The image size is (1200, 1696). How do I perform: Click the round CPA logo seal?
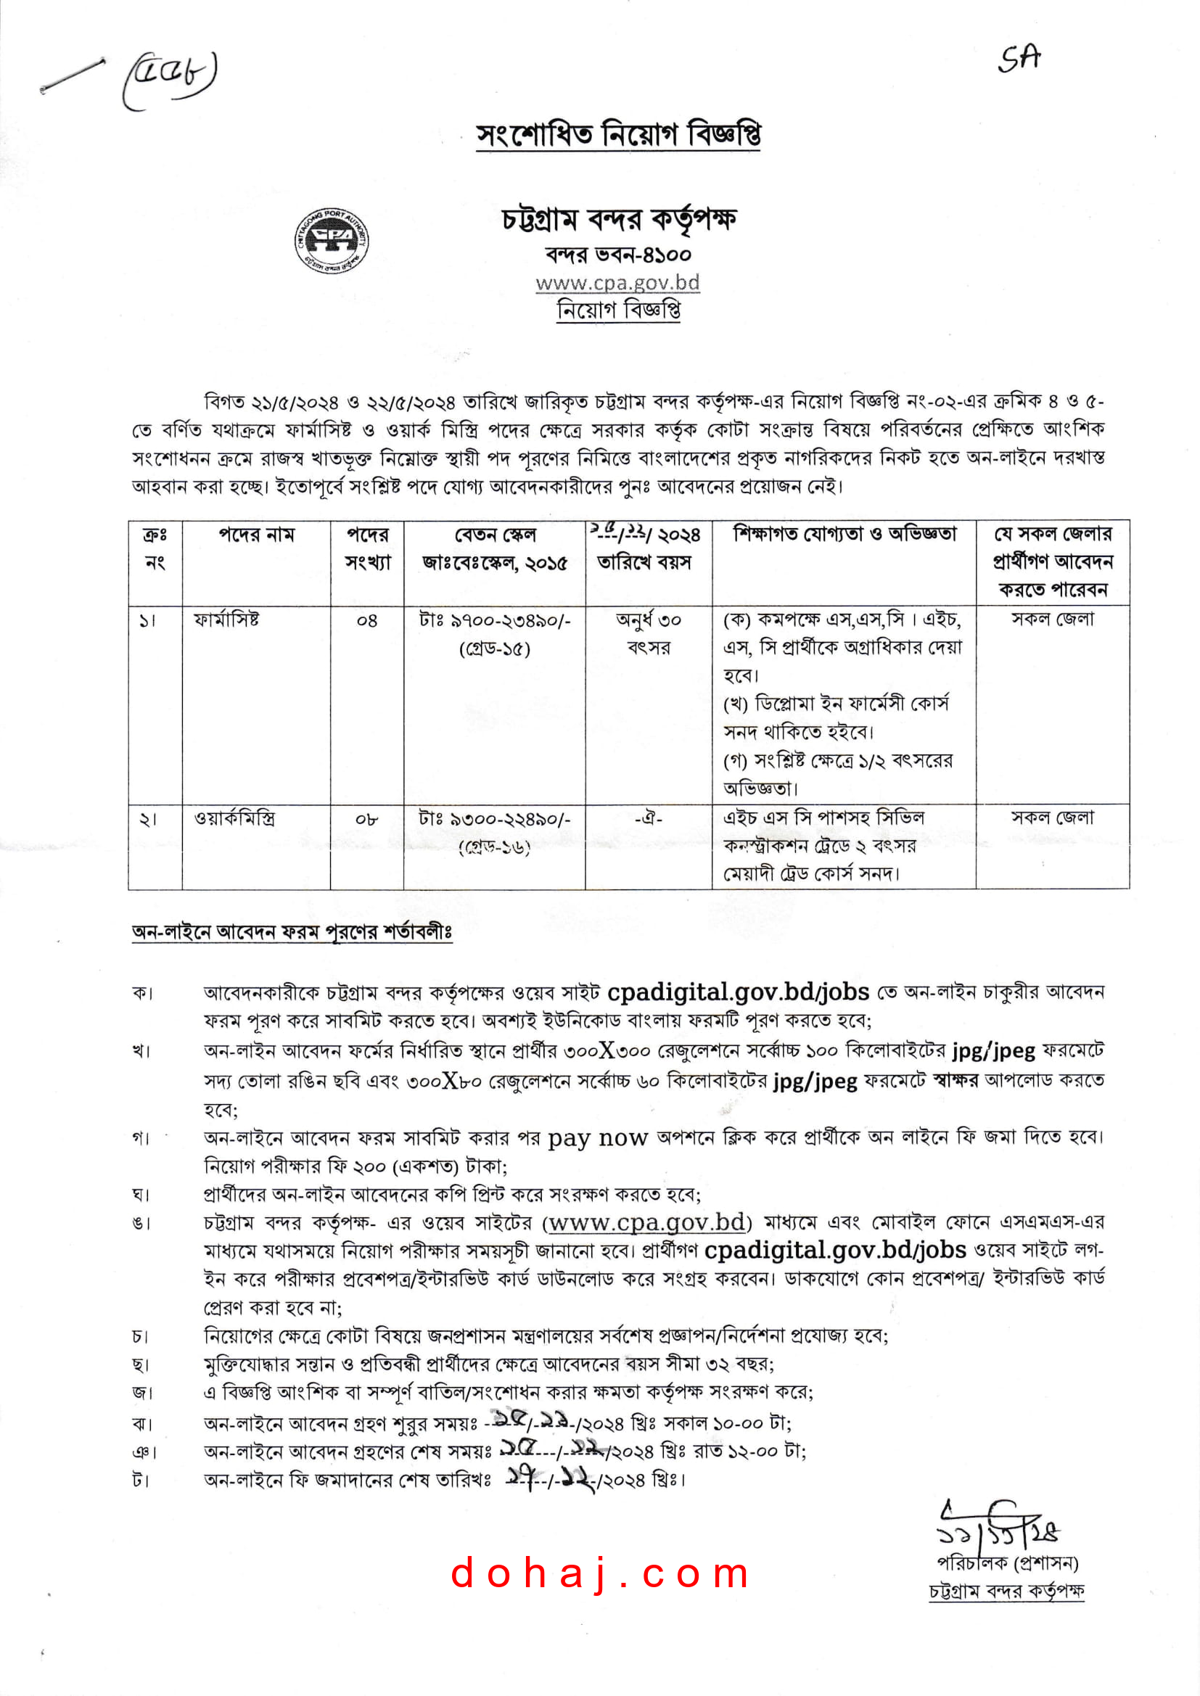coord(332,240)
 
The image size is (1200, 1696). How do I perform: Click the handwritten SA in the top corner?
coord(1019,58)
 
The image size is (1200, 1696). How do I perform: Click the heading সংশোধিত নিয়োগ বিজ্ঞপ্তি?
coord(617,135)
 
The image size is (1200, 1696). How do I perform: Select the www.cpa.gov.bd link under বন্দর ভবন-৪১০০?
coord(617,283)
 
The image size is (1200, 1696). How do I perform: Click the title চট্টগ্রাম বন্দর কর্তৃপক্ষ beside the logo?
coord(619,219)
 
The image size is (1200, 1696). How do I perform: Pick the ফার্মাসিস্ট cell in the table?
coord(226,619)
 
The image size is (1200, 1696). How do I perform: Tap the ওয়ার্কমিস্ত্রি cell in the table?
coord(234,818)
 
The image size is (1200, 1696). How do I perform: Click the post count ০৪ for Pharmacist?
coord(366,620)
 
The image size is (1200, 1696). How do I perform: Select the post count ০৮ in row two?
coord(366,819)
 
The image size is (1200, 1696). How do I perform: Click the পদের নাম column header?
coord(255,535)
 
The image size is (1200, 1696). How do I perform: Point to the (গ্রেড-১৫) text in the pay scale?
coord(494,649)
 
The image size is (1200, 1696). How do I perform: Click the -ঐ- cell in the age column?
coord(648,818)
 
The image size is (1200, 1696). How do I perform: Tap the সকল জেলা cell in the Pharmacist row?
coord(1052,619)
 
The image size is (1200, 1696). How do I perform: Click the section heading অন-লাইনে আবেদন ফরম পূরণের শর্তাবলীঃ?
coord(292,932)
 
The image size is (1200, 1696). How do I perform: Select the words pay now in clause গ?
coord(597,1137)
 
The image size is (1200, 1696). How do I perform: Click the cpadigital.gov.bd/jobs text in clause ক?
coord(737,992)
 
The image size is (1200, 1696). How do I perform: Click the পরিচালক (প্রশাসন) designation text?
coord(1007,1563)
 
